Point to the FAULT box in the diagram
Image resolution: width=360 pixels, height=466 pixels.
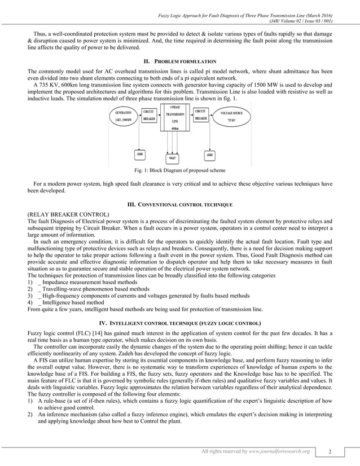tap(172, 157)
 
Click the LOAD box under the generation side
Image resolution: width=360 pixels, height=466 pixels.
tap(139, 154)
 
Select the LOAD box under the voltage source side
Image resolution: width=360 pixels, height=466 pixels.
tap(209, 154)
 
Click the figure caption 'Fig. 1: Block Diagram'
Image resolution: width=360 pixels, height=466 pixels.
tap(179, 170)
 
